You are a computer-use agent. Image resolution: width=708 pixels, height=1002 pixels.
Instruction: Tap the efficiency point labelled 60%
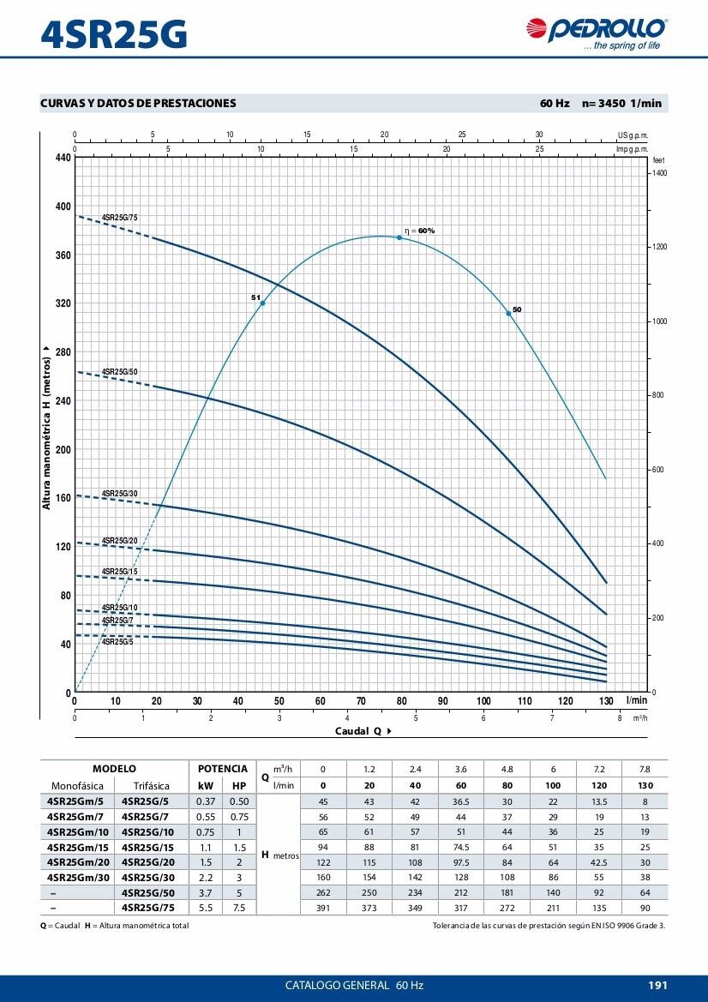click(x=399, y=237)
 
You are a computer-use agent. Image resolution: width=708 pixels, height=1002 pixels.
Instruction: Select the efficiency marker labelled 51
click(x=262, y=303)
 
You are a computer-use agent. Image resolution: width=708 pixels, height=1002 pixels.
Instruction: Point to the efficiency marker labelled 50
click(x=508, y=314)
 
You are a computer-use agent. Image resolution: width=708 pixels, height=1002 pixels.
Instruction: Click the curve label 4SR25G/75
click(x=119, y=218)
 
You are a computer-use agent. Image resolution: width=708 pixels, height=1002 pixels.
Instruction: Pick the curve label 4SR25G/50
click(x=119, y=371)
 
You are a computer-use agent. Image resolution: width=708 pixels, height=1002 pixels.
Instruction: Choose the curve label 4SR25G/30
click(x=119, y=494)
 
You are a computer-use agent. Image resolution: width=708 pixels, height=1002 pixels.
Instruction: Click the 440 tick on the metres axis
click(x=61, y=158)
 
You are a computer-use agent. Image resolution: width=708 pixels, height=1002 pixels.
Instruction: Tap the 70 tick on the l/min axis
click(x=361, y=701)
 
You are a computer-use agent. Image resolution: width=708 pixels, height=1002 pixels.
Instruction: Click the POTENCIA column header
click(x=222, y=769)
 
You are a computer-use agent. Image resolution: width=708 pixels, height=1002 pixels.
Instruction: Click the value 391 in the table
click(x=322, y=907)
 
